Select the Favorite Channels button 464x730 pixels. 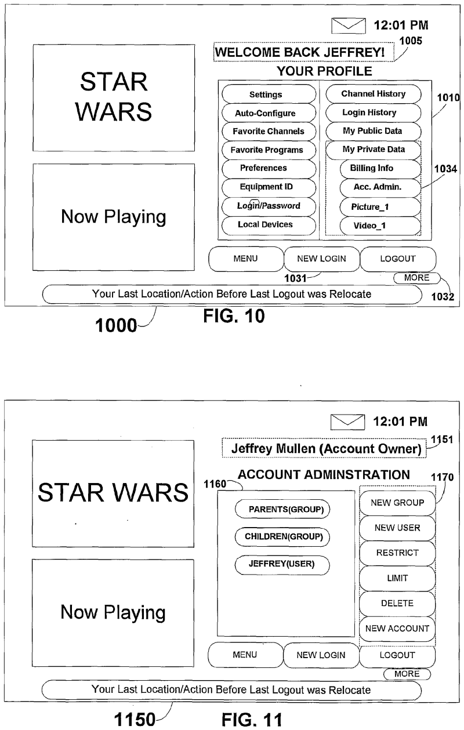(x=269, y=132)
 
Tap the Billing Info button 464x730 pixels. (x=371, y=169)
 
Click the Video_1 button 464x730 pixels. (x=371, y=226)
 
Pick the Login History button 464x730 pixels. (x=369, y=112)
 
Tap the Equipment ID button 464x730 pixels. (x=269, y=187)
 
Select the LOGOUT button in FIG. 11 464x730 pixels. (x=397, y=656)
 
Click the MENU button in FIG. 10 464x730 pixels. (x=246, y=259)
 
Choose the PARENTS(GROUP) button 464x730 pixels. (x=282, y=510)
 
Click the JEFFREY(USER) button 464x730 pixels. (x=282, y=564)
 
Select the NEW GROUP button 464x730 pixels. (x=397, y=503)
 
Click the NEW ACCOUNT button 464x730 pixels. (x=397, y=629)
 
